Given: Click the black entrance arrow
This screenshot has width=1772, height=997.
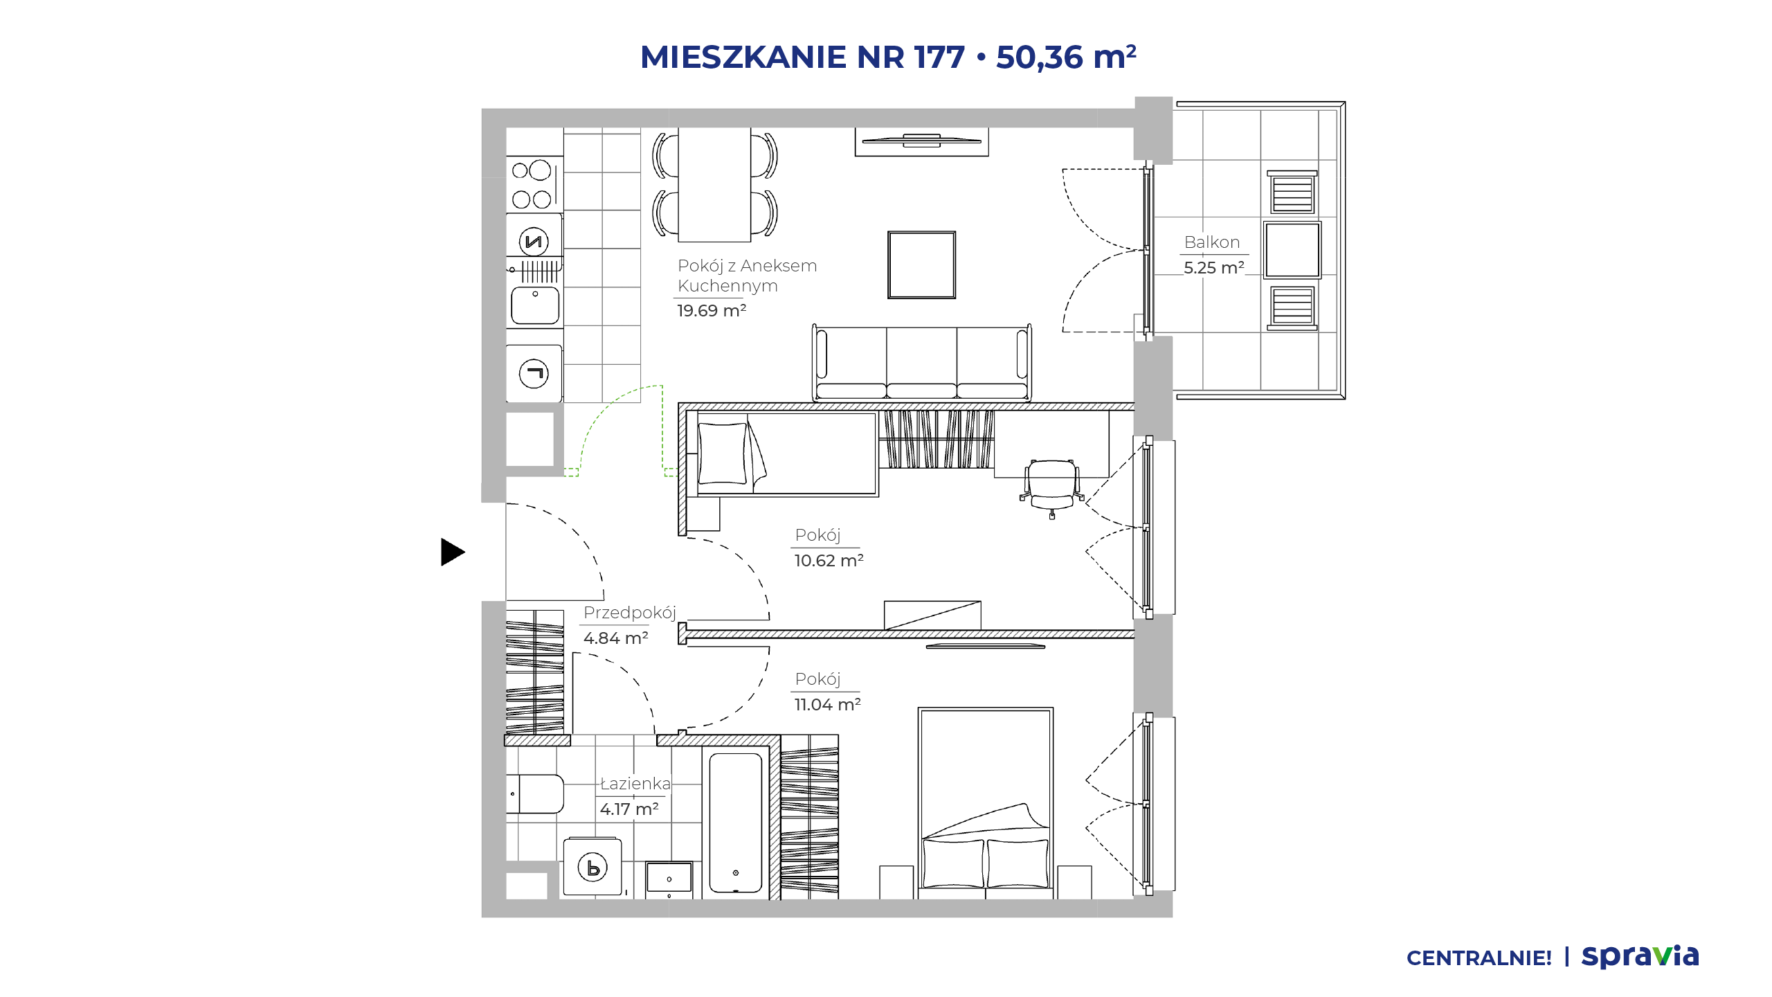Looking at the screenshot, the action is (451, 552).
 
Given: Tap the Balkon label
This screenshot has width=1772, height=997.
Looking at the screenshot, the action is (1211, 242).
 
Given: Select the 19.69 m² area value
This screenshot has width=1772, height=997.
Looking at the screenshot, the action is (712, 310).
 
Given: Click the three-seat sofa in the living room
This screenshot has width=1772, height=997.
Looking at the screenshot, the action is (922, 363).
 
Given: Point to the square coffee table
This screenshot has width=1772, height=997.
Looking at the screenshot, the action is (922, 265).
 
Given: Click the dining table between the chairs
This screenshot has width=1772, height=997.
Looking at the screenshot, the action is (714, 184).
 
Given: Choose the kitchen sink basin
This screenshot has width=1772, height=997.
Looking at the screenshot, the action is (534, 305).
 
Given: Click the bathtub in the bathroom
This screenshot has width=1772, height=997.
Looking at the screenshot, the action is (736, 823).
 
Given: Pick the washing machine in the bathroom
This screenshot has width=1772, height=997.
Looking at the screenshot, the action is (593, 867).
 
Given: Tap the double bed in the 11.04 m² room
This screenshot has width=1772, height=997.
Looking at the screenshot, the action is (986, 803).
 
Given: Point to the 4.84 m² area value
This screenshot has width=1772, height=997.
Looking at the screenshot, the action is (616, 638).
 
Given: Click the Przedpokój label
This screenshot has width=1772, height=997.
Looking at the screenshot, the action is (630, 613).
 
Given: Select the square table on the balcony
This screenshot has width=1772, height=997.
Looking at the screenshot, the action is (1292, 250).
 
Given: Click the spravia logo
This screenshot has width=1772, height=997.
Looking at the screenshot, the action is (1640, 956).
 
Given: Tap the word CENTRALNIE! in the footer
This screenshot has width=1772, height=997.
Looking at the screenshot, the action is (1479, 958).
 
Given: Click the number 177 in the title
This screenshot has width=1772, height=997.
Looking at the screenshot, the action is (939, 57).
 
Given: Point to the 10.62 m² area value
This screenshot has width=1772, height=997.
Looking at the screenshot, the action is (829, 560).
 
